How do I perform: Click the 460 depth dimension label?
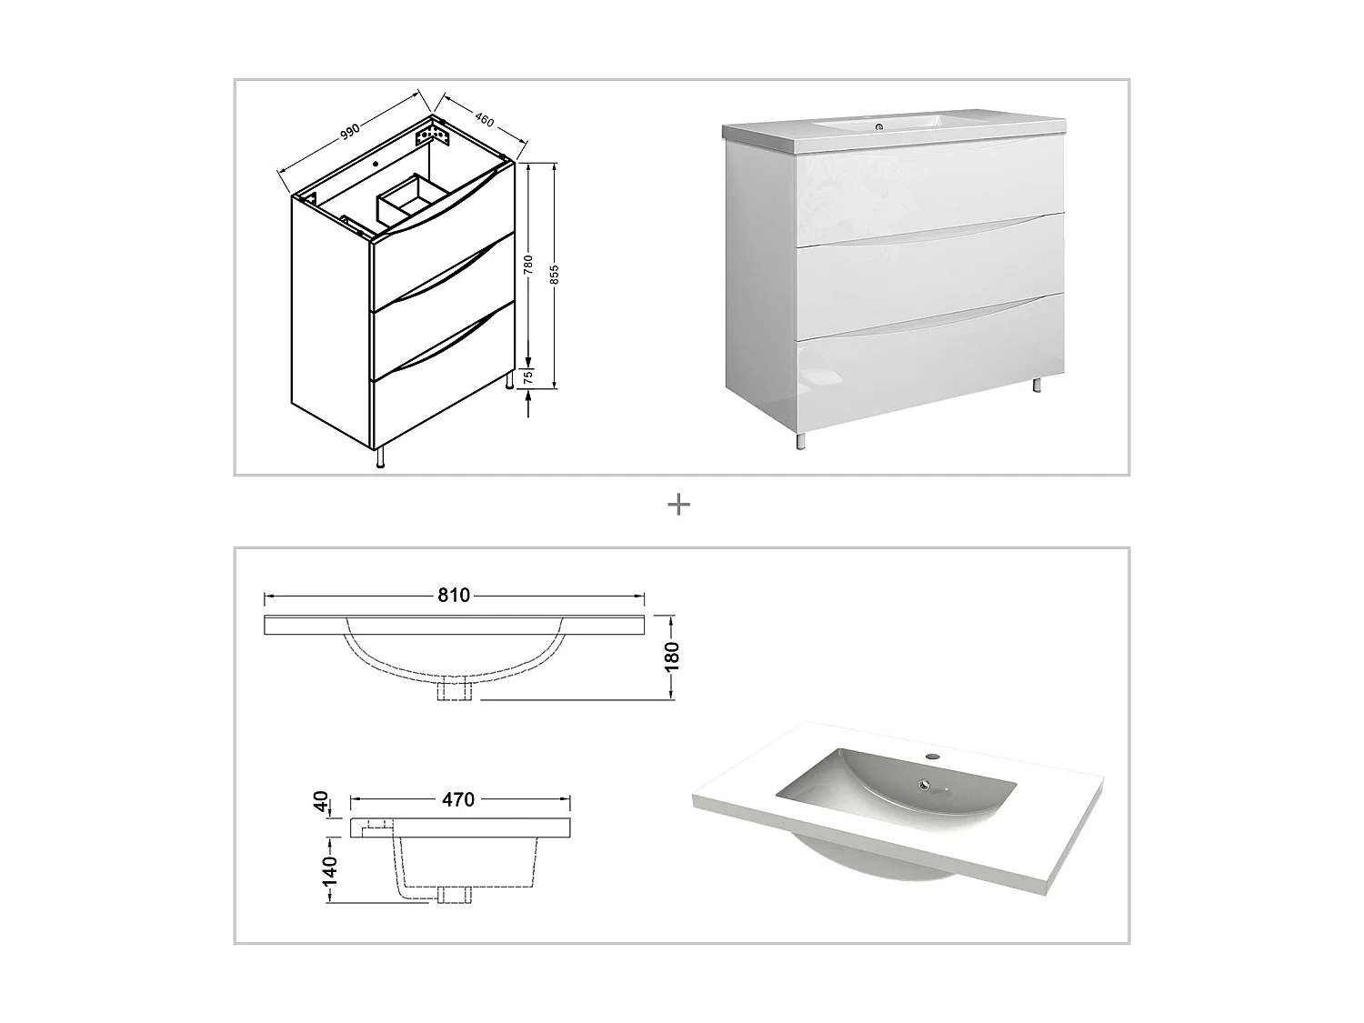coord(483,118)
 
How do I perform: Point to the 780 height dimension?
coord(528,265)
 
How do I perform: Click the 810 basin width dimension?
coord(454,596)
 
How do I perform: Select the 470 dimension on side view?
coord(458,799)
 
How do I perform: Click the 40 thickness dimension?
coord(321,802)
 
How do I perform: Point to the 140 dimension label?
coord(329,870)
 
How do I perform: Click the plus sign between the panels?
coord(679,505)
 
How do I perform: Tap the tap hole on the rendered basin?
coord(931,755)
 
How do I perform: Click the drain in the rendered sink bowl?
coord(926,785)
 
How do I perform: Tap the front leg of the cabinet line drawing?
coord(381,457)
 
